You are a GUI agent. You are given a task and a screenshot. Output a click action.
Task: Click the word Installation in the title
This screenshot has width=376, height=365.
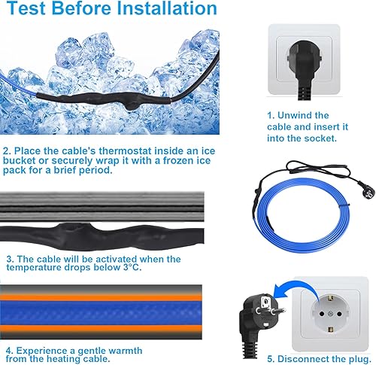(167, 8)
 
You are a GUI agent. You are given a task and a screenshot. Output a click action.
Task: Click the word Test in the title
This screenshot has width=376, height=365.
(27, 8)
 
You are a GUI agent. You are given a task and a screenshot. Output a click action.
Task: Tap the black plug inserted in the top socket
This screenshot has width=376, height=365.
(304, 70)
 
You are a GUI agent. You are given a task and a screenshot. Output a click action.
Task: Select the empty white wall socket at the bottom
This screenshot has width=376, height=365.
(330, 314)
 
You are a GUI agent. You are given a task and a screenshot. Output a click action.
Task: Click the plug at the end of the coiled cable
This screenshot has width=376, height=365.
(368, 193)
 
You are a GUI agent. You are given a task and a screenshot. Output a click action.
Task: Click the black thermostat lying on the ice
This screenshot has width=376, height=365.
(105, 99)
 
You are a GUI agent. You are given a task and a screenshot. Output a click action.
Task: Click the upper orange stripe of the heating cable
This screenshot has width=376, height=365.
(101, 298)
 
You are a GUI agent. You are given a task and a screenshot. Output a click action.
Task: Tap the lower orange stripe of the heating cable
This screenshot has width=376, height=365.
(101, 328)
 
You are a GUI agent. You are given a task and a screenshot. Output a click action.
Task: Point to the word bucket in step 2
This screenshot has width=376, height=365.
(20, 160)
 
